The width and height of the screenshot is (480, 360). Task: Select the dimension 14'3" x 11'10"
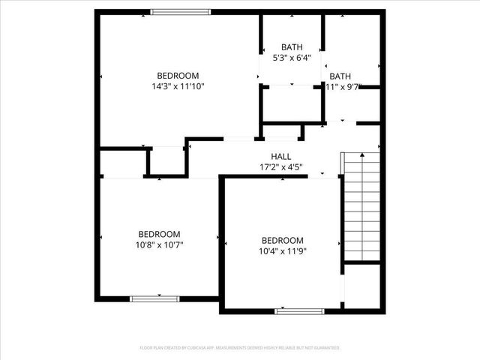[x=178, y=86]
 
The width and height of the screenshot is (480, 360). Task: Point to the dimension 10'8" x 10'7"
[x=159, y=244]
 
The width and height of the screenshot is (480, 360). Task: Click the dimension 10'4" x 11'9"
[x=282, y=251]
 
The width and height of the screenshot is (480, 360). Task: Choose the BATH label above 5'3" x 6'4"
[x=292, y=47]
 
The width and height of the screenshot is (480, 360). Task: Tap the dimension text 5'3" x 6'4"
[x=292, y=58]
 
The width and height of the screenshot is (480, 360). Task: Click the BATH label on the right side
[x=340, y=76]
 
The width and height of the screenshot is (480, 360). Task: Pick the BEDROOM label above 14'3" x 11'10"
[x=178, y=75]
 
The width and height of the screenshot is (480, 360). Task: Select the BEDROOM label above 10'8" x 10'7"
[x=159, y=233]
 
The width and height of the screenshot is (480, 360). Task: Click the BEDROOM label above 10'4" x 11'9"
[x=282, y=240]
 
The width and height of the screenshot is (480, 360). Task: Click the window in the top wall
[x=180, y=11]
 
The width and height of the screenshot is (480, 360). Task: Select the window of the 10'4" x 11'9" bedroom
[x=299, y=310]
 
